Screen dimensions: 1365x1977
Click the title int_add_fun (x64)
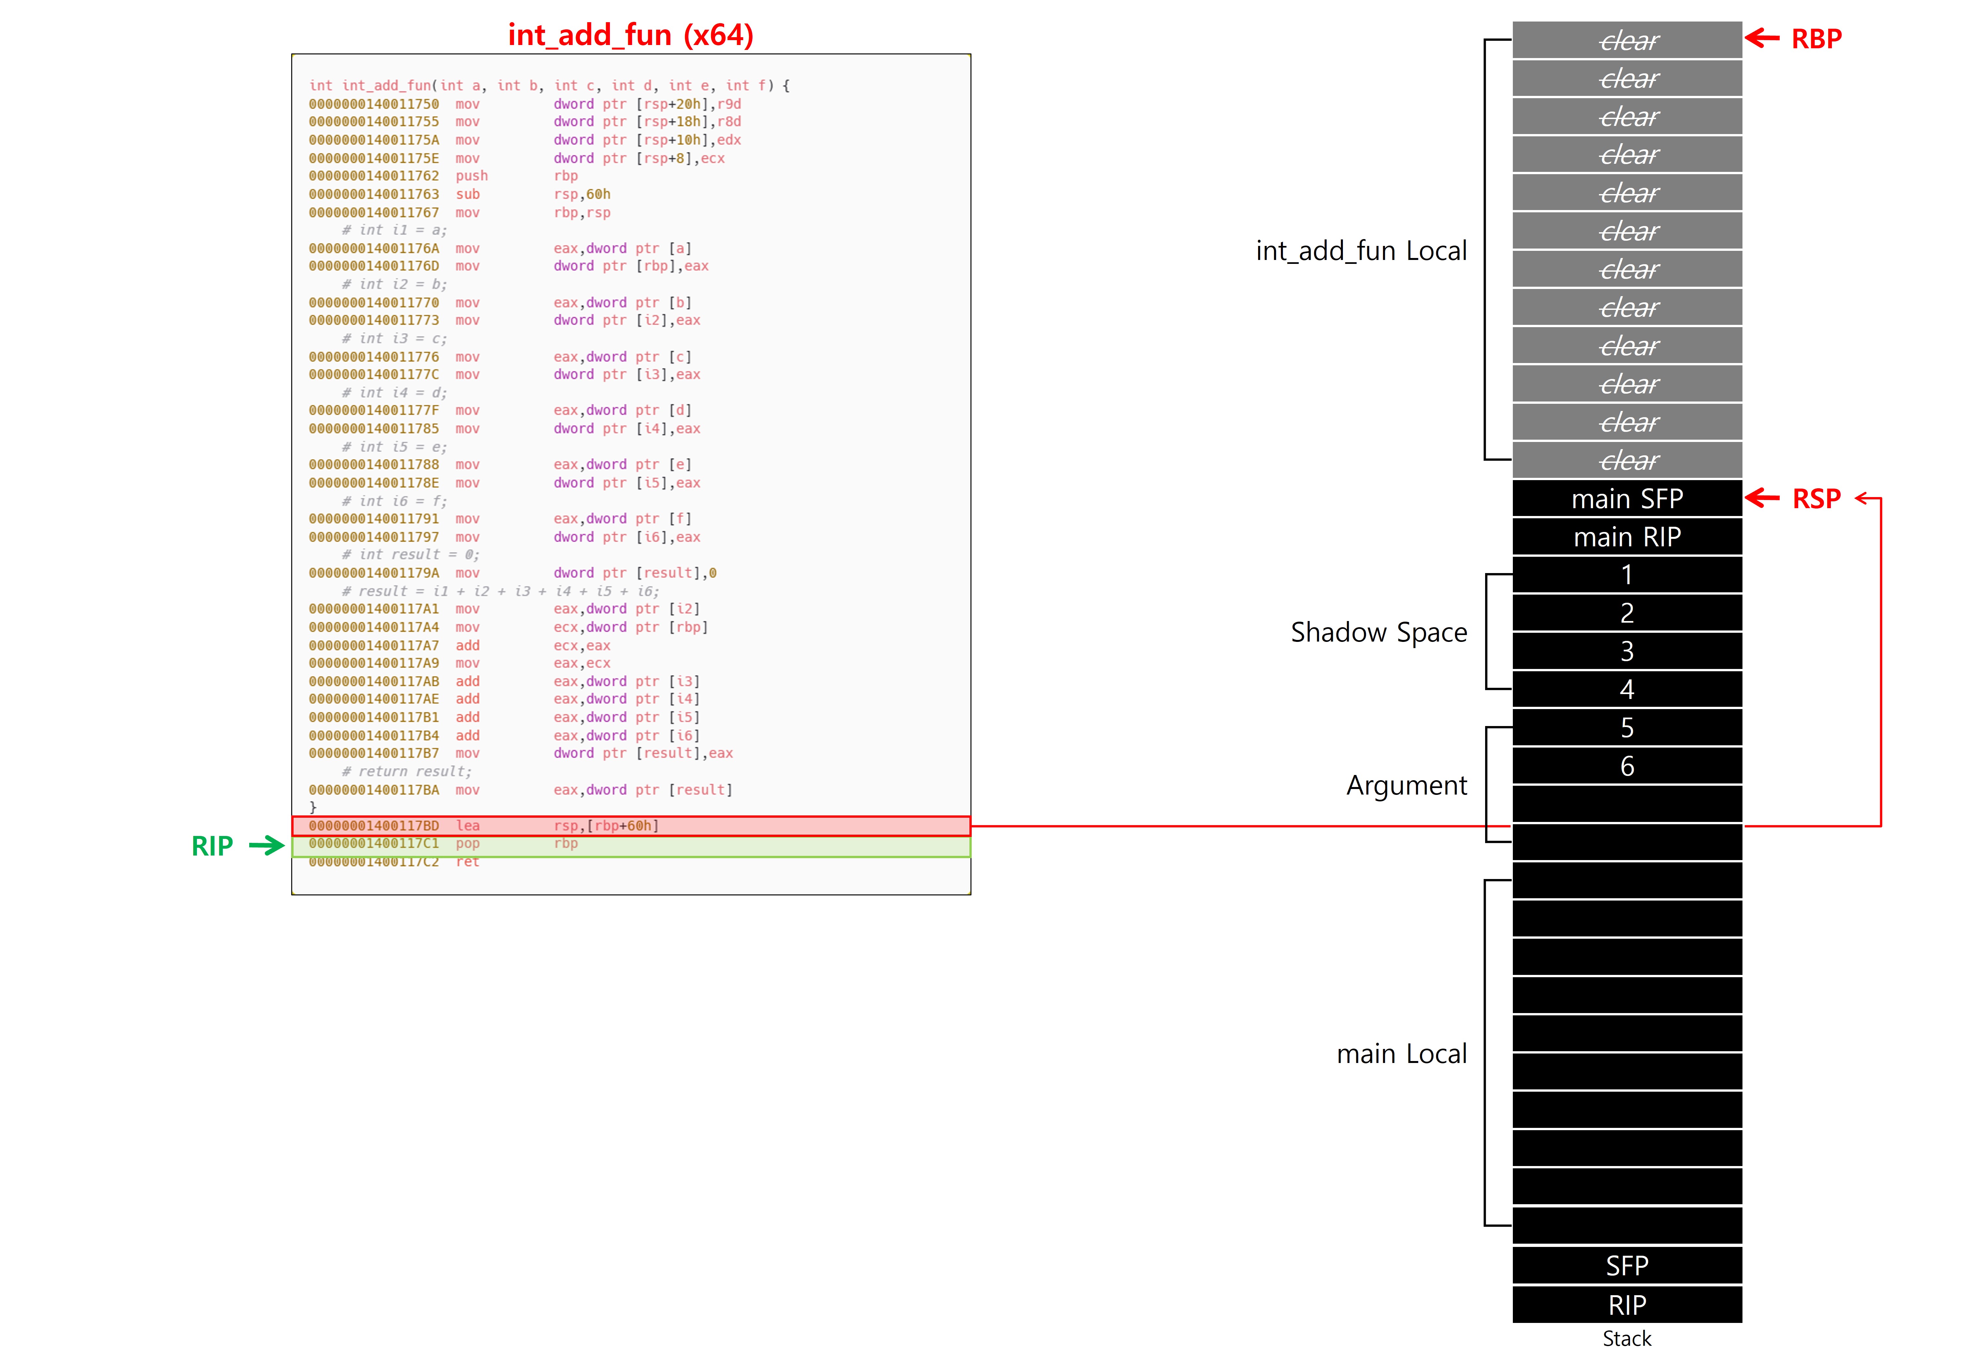click(x=630, y=35)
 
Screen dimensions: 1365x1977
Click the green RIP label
click(x=212, y=846)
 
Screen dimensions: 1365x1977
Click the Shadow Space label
click(x=1378, y=632)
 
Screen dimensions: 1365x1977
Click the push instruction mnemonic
click(x=471, y=176)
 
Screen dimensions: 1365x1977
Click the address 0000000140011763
click(x=374, y=194)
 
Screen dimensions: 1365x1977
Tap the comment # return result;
click(x=406, y=771)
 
